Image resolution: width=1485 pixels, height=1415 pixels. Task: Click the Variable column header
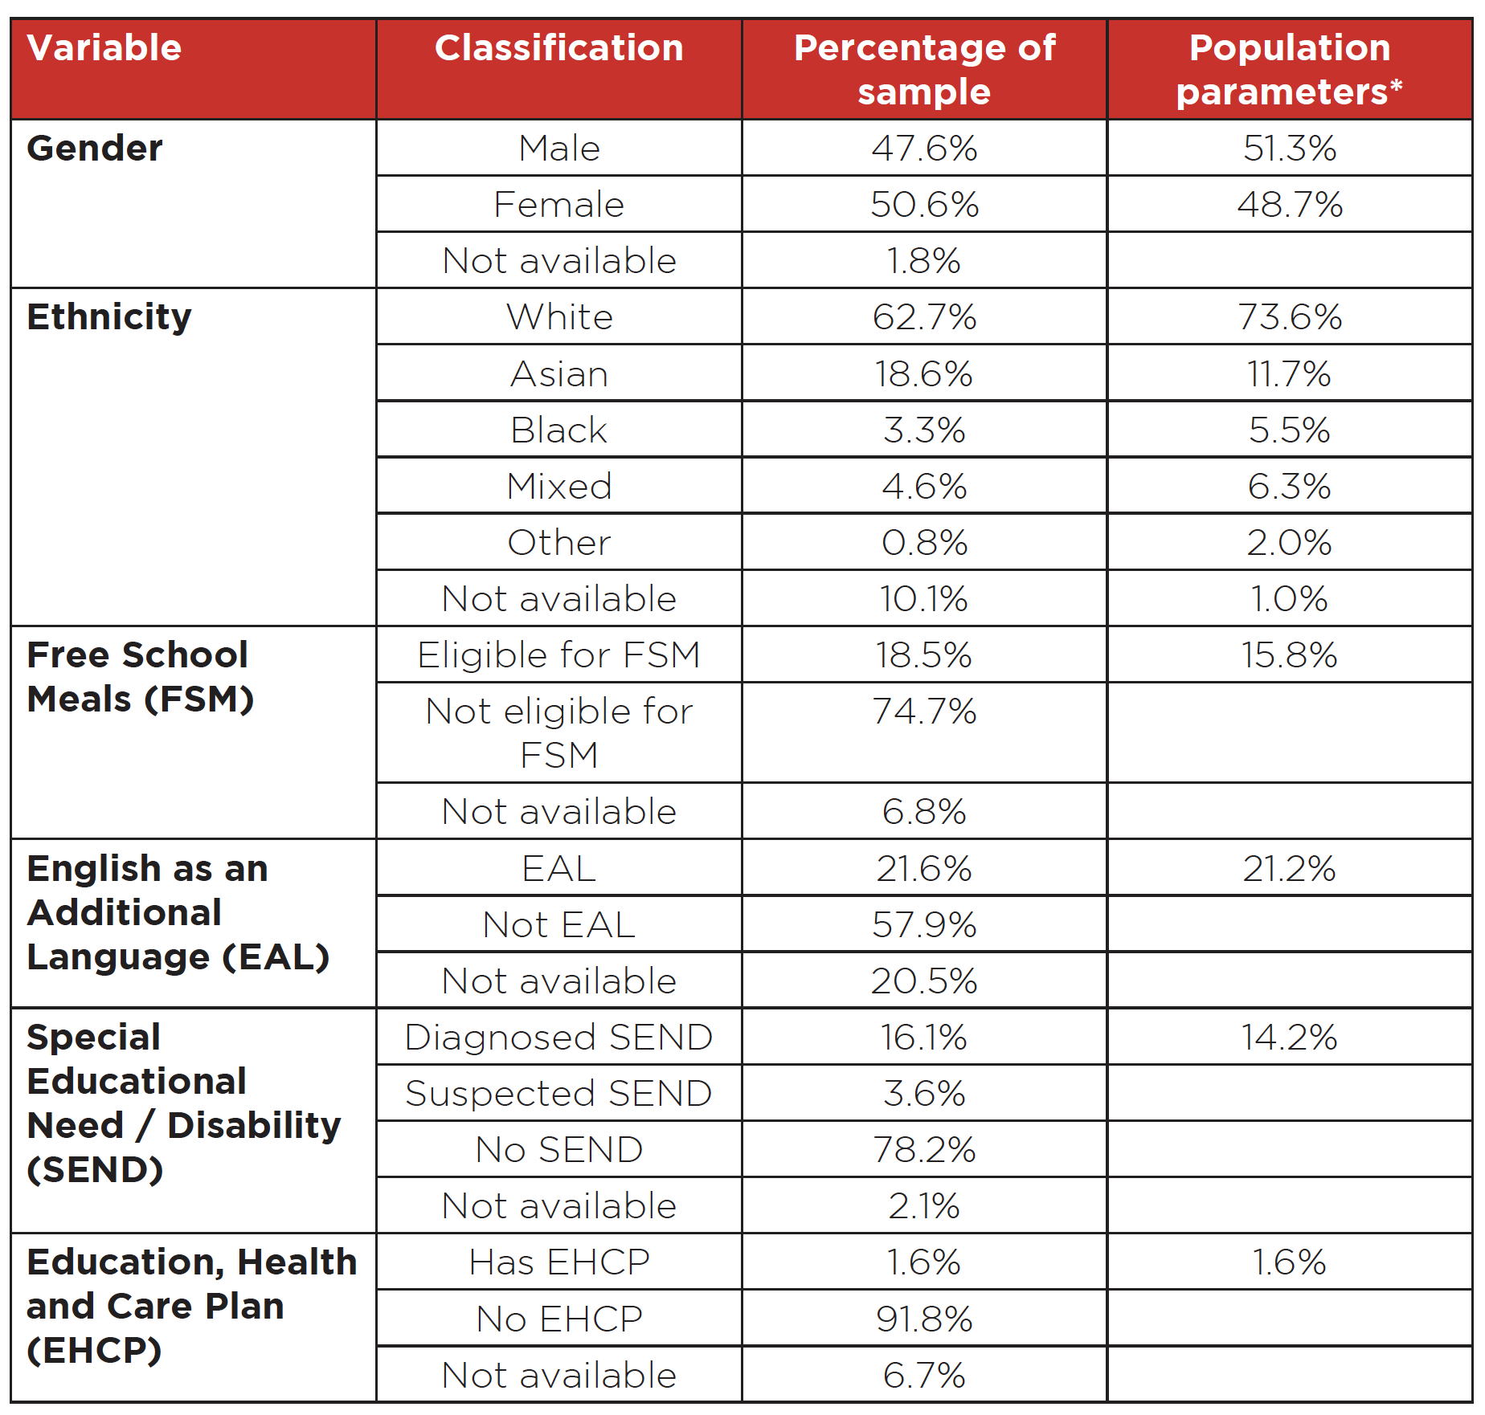pos(104,47)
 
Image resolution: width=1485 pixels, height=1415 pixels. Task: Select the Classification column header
pos(559,47)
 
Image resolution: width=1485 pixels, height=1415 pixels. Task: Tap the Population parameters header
pos(1290,69)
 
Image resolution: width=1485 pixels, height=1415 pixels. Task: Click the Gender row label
pos(95,149)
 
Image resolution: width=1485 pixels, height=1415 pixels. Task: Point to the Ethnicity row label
pos(109,317)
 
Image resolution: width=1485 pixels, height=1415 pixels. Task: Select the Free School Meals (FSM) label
pos(141,677)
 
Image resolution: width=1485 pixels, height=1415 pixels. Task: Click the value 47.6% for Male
pos(924,149)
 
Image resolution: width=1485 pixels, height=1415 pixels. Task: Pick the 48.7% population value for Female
pos(1290,205)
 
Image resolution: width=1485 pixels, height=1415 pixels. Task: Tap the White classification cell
pos(559,317)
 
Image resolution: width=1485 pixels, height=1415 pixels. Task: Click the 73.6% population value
pos(1290,317)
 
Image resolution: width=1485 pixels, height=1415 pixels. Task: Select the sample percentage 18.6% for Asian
pos(924,374)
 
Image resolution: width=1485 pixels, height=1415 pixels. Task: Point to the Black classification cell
pos(559,430)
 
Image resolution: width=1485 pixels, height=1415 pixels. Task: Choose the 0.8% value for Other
pos(924,543)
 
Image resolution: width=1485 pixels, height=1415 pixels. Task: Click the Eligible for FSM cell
pos(559,655)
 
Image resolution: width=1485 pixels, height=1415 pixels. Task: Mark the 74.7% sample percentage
pos(924,712)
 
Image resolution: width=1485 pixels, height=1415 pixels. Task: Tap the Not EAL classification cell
pos(559,925)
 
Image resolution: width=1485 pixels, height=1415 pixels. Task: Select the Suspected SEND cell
pos(559,1094)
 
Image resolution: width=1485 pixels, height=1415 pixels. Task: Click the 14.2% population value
pos(1290,1038)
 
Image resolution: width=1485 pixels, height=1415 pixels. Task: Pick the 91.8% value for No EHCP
pos(924,1319)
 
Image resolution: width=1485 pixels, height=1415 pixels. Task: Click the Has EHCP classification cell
pos(559,1262)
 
